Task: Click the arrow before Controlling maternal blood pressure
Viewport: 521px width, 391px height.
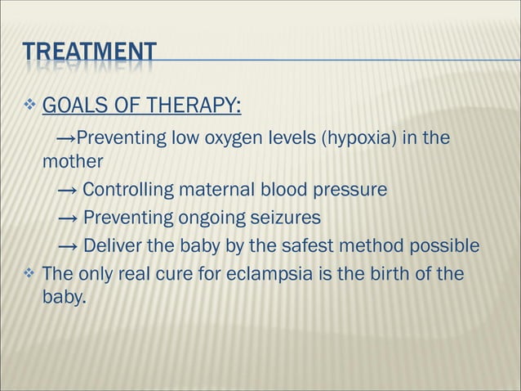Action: point(68,191)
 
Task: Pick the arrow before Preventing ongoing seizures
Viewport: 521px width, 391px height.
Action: point(68,218)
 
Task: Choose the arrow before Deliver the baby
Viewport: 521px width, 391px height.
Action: point(68,245)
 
